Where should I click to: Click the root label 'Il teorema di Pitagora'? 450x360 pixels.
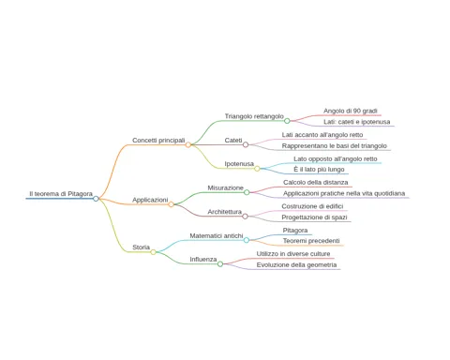61,194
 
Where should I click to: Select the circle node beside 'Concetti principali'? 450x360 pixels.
188,144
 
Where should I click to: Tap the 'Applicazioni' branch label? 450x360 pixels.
150,200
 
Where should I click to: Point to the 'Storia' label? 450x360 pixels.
141,247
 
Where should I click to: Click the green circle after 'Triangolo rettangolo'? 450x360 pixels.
287,121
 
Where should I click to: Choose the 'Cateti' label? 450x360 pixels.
233,141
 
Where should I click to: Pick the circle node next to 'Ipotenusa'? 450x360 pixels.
257,169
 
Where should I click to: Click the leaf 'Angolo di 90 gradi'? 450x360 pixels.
351,111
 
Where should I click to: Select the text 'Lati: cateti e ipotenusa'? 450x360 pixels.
357,122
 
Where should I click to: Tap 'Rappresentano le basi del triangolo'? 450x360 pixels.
335,146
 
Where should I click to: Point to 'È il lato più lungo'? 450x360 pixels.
319,170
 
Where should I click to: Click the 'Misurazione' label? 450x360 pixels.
225,187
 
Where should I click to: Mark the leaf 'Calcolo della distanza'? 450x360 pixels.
316,182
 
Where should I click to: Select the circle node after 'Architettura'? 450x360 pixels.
245,217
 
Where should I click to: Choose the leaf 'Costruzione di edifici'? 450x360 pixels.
312,206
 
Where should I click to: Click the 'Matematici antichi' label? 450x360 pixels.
217,236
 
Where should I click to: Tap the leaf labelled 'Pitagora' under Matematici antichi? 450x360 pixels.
295,231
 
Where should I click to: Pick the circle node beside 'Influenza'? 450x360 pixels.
220,264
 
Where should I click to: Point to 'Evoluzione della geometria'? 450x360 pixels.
296,265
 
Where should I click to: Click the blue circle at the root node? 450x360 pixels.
96,199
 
